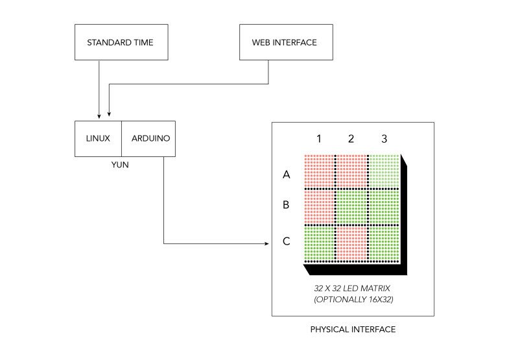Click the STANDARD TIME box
(x=121, y=43)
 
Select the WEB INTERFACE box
(x=285, y=43)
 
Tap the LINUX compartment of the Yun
(x=98, y=138)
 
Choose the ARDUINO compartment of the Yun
(x=148, y=138)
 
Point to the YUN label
(x=120, y=165)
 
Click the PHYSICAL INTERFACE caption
(x=352, y=330)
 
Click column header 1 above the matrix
(x=319, y=138)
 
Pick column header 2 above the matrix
(x=351, y=138)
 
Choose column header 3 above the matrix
(x=384, y=138)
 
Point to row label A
(x=286, y=174)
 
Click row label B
(x=286, y=206)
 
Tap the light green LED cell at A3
(x=385, y=171)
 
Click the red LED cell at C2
(x=351, y=242)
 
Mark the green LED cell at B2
(x=351, y=206)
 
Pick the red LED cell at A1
(x=318, y=171)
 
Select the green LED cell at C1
(x=318, y=242)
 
